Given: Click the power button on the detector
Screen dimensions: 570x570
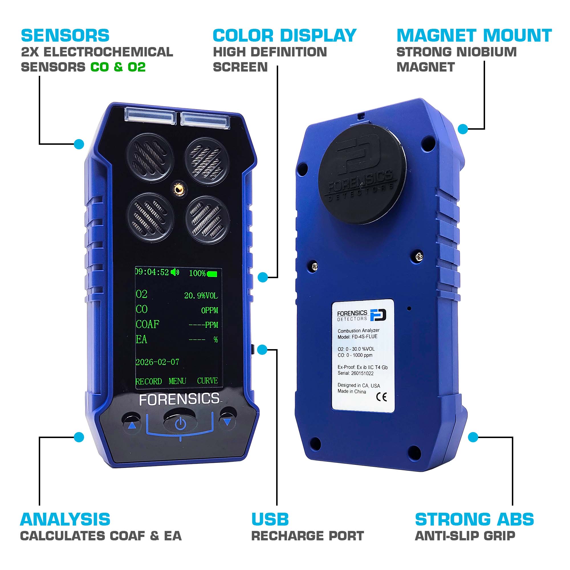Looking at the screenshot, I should coord(180,424).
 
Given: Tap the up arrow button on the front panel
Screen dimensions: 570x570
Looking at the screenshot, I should coord(132,425).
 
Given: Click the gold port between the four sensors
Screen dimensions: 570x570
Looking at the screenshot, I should coord(178,188).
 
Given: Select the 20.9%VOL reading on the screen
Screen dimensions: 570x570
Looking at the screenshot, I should coord(201,295).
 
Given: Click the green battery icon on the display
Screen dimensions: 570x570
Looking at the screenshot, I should coord(212,274).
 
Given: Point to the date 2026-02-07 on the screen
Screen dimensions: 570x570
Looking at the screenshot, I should coord(157,362).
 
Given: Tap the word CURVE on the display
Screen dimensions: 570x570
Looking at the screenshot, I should coord(207,381).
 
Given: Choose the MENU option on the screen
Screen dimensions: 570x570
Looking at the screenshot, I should coord(177,381).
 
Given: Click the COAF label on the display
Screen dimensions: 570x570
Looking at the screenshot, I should coord(147,324).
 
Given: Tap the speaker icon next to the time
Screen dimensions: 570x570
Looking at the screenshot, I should coord(175,272).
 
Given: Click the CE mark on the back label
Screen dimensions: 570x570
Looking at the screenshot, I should coord(381,397).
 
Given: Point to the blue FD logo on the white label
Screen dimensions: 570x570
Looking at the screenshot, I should coord(378,315).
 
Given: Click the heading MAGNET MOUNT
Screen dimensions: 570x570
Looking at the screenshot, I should coord(474,36).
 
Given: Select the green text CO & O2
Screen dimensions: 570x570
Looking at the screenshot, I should coord(118,67).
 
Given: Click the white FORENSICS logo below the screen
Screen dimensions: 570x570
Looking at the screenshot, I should coord(179,399).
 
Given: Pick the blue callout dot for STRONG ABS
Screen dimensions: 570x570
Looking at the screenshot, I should coord(473,437).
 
